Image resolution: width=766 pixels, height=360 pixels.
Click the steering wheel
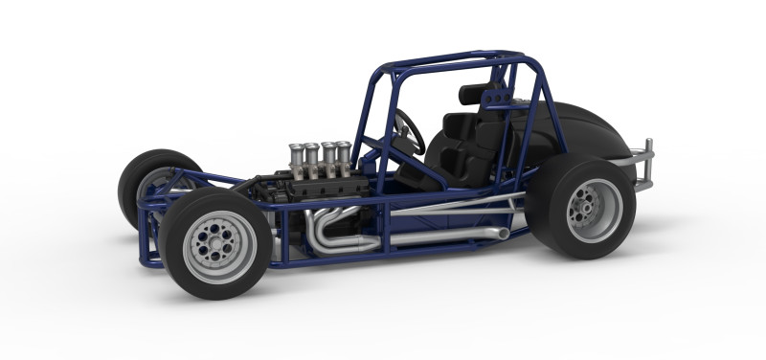(x=410, y=131)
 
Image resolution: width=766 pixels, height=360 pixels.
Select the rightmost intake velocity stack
(x=343, y=158)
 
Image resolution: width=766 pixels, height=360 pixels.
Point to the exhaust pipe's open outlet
(x=506, y=233)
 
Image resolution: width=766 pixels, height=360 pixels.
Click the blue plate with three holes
(x=496, y=98)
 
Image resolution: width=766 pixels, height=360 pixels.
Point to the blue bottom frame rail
(x=402, y=249)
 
